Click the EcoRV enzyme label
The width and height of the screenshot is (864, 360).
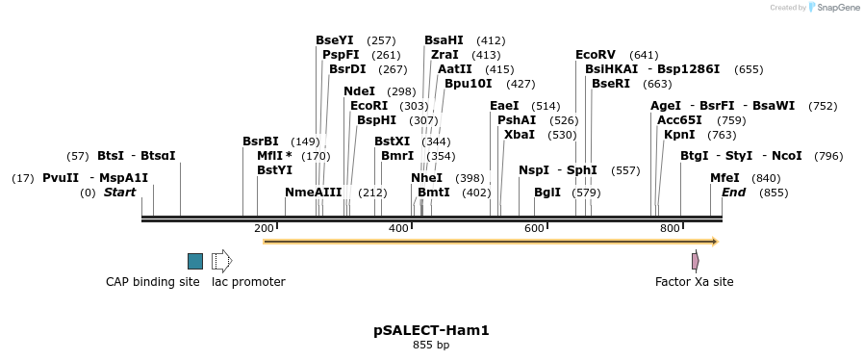tap(596, 55)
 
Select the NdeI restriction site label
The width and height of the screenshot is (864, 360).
tap(359, 91)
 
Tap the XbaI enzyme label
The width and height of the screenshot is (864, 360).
tap(520, 135)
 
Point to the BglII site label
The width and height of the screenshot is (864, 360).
tap(547, 193)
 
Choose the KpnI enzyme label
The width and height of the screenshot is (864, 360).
tap(679, 135)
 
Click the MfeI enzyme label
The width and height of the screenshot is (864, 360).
tap(724, 178)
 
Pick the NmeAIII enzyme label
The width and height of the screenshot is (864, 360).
tap(313, 193)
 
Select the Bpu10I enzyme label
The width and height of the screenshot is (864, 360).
tap(468, 84)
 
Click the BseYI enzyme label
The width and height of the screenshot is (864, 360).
tap(334, 40)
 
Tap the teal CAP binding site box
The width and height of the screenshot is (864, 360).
tap(195, 261)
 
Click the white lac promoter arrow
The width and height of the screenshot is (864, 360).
tap(222, 261)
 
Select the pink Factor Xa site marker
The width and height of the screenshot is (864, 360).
tap(695, 261)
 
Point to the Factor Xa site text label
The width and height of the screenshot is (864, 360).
tap(694, 282)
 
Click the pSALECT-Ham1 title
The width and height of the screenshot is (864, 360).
tap(431, 330)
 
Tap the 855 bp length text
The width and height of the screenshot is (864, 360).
tap(431, 345)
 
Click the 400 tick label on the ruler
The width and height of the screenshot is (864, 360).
tap(399, 228)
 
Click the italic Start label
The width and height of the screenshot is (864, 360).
tap(120, 193)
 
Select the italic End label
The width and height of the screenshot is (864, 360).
tap(733, 193)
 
